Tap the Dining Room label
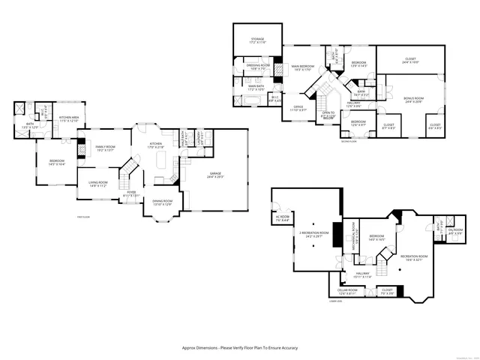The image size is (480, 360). (x=163, y=202)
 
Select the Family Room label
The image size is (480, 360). (x=105, y=148)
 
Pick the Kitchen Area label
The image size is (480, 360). (x=70, y=118)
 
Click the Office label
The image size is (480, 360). (x=298, y=107)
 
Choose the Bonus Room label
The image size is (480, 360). (x=413, y=100)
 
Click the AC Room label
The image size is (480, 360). (x=282, y=219)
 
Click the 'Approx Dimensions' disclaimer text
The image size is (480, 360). (x=240, y=348)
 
